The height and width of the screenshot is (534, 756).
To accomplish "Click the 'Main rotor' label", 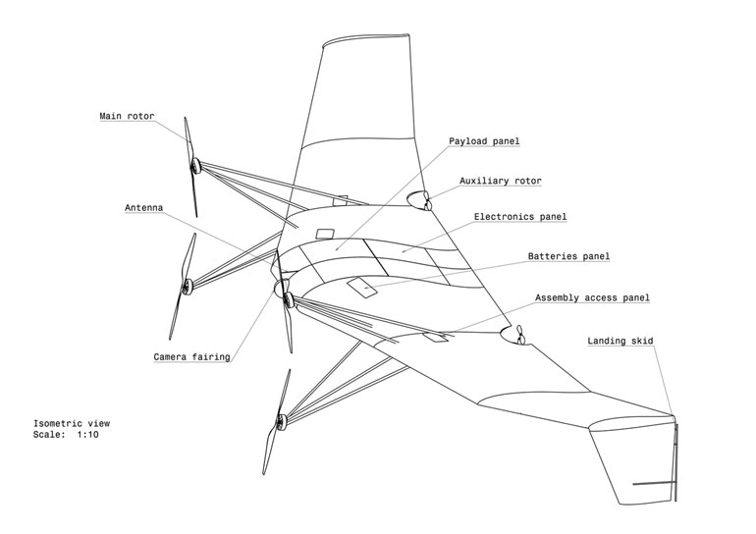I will tap(127, 116).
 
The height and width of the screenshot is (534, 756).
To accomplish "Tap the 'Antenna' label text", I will tap(143, 208).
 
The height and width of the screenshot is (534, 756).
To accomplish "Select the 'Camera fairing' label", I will tap(191, 356).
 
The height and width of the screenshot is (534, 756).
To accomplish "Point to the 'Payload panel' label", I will tap(484, 141).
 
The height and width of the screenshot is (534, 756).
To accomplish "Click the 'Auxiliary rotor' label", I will tap(500, 181).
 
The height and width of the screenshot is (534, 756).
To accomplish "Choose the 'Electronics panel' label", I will tap(520, 216).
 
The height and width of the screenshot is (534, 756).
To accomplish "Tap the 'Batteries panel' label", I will tap(568, 256).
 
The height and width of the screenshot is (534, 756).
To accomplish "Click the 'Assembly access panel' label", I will tap(592, 297).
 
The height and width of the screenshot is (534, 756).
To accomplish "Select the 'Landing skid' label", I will tap(621, 341).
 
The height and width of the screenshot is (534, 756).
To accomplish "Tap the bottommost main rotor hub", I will tap(280, 422).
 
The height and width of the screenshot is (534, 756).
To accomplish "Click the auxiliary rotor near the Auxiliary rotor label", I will tap(426, 204).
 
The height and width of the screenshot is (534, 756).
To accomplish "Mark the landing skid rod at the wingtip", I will tap(675, 461).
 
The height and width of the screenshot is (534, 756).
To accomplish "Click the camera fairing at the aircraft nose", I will tap(282, 288).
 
